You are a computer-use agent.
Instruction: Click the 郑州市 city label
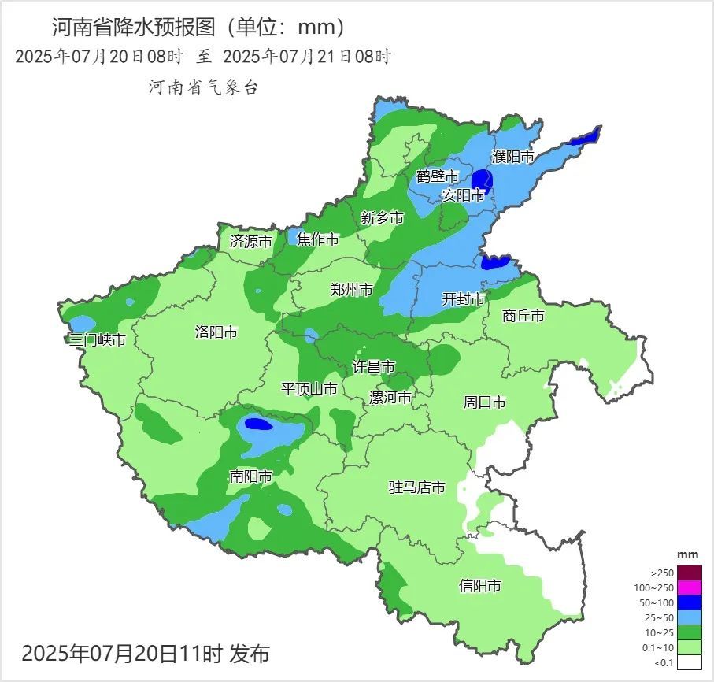tap(351, 290)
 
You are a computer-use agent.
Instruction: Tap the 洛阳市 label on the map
tap(216, 332)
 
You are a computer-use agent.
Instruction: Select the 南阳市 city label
tap(250, 476)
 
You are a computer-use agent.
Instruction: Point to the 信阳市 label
tap(479, 586)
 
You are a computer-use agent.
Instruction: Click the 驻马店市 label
tap(417, 487)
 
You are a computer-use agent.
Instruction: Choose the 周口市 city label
tap(484, 402)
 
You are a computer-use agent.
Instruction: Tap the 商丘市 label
tap(523, 316)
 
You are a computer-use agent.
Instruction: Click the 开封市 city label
tap(464, 299)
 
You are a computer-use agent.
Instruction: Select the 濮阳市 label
tap(512, 157)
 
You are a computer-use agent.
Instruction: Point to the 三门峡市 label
tap(97, 340)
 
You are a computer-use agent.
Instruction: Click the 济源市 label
tap(250, 242)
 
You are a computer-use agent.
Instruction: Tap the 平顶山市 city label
tap(309, 389)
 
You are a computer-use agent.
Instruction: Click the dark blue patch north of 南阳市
tap(258, 424)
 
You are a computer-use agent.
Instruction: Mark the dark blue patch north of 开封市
tap(495, 262)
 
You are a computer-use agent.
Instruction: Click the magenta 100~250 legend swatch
tap(690, 587)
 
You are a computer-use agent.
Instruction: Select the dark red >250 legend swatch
tap(690, 573)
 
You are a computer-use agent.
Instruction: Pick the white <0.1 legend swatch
tap(690, 662)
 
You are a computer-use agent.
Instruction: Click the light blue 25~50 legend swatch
tap(690, 617)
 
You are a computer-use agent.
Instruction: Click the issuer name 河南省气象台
tap(203, 87)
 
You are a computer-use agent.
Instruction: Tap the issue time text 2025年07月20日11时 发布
tap(146, 653)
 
